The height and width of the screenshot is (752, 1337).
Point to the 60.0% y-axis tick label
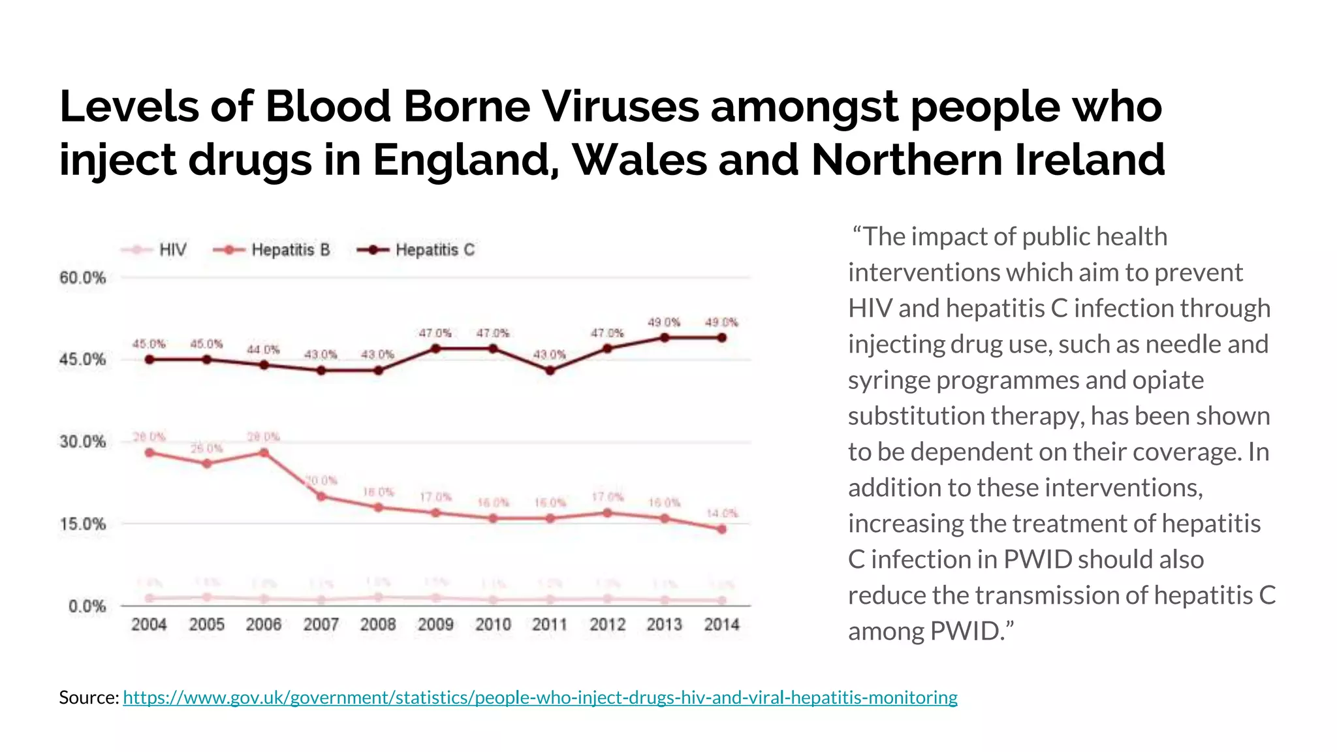82,278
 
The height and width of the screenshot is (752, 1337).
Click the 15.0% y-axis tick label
82,524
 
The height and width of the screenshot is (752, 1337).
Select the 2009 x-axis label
435,625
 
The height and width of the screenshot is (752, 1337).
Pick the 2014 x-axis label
721,625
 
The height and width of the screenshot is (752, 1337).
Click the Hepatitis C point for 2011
550,370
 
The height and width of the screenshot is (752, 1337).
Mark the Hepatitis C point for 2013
665,337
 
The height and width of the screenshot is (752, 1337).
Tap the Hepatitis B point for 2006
264,452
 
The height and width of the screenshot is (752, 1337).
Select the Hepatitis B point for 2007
321,496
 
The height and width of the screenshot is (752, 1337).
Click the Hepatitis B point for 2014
721,529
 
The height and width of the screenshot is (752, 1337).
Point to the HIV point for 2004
149,598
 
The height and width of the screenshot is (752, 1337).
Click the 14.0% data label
722,514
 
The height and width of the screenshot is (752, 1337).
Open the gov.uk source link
540,698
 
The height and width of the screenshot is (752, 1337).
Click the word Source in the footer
88,698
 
